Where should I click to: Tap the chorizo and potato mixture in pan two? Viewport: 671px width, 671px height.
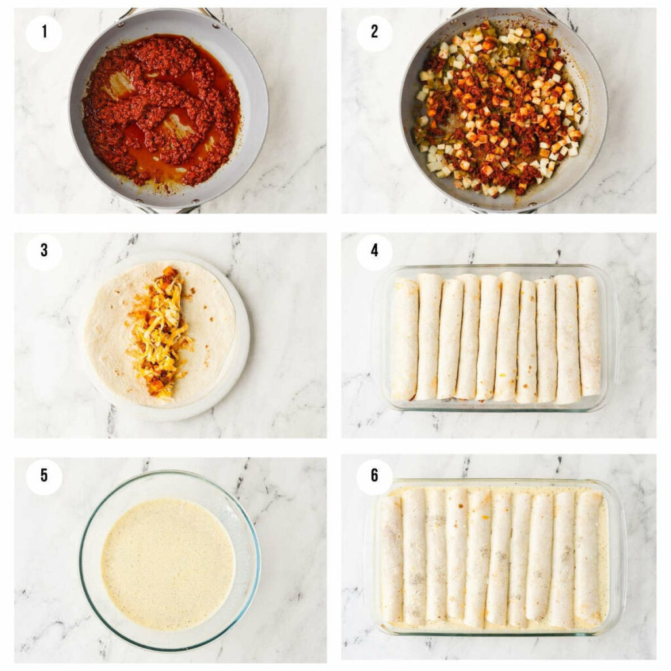click(x=498, y=108)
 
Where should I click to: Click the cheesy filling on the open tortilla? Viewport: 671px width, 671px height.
click(x=159, y=331)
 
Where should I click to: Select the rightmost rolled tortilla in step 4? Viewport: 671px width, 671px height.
click(x=589, y=335)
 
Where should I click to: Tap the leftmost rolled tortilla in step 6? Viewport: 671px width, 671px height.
click(x=391, y=558)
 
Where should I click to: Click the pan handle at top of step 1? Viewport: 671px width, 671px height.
click(x=169, y=12)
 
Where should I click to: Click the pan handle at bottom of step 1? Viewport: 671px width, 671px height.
click(x=169, y=210)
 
